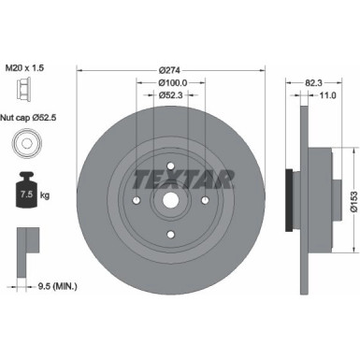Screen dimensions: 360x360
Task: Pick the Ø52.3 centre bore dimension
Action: (x=169, y=95)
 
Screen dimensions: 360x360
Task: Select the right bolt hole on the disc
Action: (x=204, y=198)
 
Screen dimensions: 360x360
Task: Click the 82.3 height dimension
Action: (x=316, y=81)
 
